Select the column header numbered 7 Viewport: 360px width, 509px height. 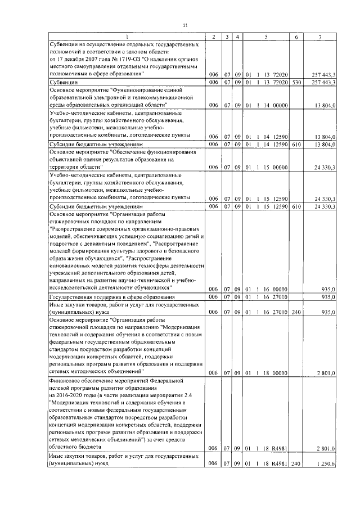click(319, 37)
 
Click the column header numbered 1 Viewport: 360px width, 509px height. click(126, 37)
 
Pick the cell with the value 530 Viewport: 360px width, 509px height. click(296, 82)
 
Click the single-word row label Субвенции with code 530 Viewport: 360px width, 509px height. click(65, 82)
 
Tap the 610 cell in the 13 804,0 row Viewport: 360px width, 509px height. click(296, 145)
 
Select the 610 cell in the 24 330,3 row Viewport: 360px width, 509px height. click(296, 206)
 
